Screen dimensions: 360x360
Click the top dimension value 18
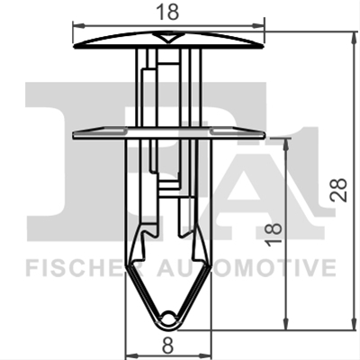[x=167, y=13]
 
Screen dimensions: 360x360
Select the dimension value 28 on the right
[x=338, y=190]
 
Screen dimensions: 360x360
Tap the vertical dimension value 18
[x=274, y=235]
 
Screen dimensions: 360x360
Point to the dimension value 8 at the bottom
[x=167, y=346]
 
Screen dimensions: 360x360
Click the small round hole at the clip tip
[x=167, y=317]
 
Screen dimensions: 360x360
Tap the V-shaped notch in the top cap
[x=168, y=38]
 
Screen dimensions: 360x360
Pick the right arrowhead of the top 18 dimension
[x=258, y=26]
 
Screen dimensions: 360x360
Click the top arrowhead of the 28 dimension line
[x=353, y=37]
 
